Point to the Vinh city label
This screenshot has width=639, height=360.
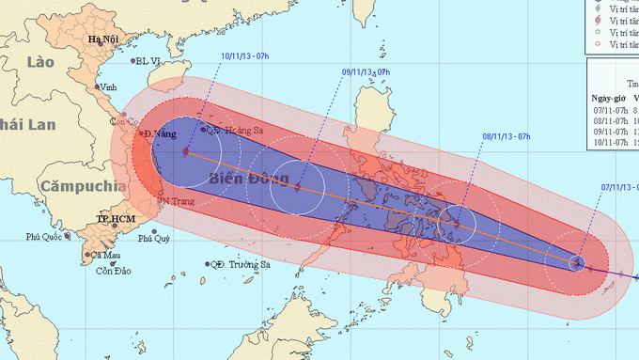pos(108,86)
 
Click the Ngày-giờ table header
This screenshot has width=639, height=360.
pos(609,97)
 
